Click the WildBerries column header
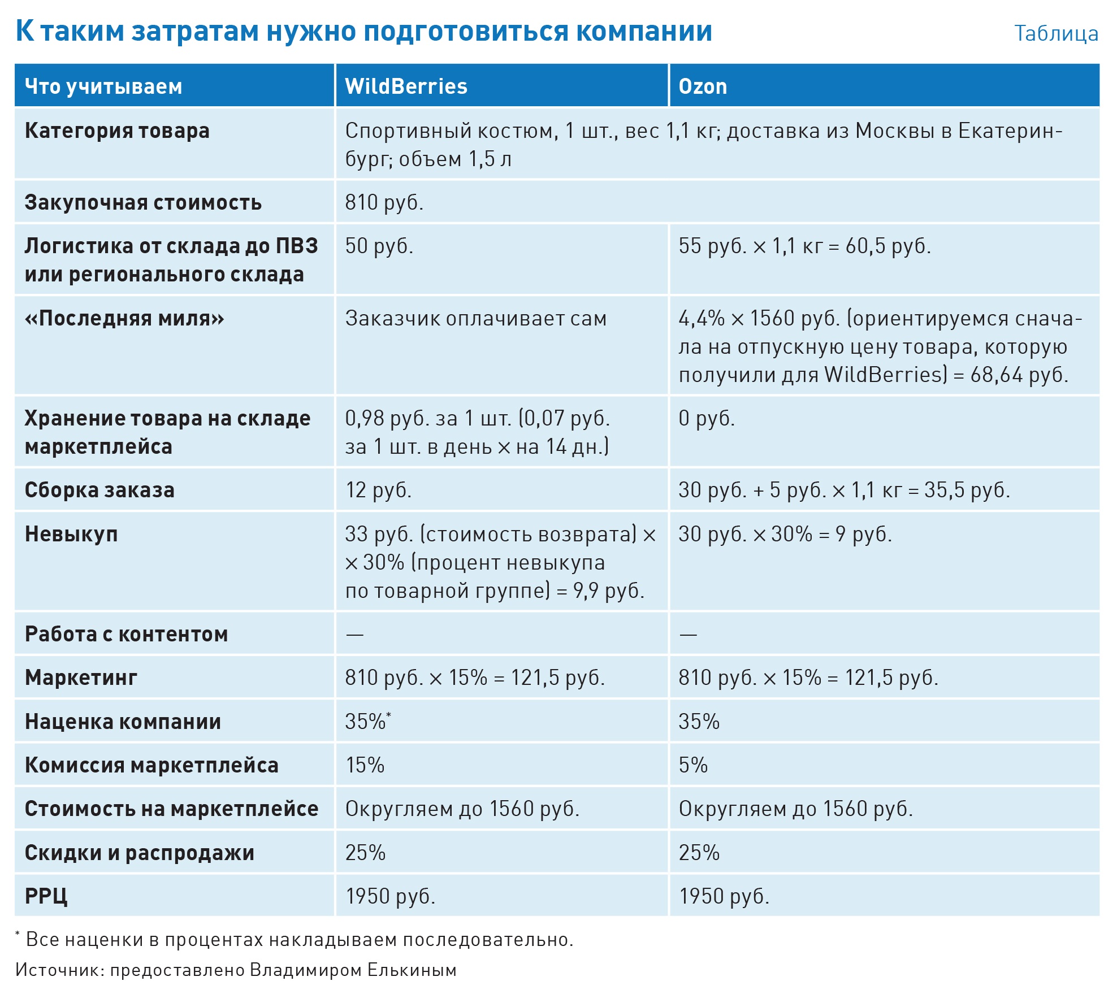pyautogui.click(x=406, y=86)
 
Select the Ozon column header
pyautogui.click(x=702, y=86)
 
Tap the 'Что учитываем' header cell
pyautogui.click(x=103, y=86)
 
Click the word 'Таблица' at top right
pyautogui.click(x=1055, y=33)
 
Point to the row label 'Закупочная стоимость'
pyautogui.click(x=143, y=202)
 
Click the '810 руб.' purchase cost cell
pyautogui.click(x=384, y=202)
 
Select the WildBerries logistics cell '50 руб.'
pyautogui.click(x=379, y=246)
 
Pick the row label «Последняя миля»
pyautogui.click(x=124, y=319)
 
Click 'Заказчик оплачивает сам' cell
pyautogui.click(x=476, y=319)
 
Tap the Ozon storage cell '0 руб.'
pyautogui.click(x=707, y=418)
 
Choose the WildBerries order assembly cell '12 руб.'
pyautogui.click(x=378, y=490)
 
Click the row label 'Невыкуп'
pyautogui.click(x=71, y=534)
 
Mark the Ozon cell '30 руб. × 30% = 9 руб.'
pyautogui.click(x=785, y=534)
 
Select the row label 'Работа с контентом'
pyautogui.click(x=126, y=634)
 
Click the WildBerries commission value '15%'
pyautogui.click(x=365, y=765)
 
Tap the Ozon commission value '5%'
pyautogui.click(x=693, y=765)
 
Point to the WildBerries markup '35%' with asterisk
pyautogui.click(x=367, y=722)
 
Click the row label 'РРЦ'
pyautogui.click(x=46, y=896)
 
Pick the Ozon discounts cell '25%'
pyautogui.click(x=699, y=853)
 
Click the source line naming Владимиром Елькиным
pyautogui.click(x=236, y=970)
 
